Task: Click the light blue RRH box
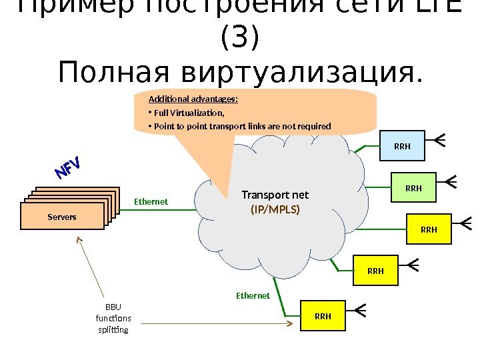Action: [x=403, y=147]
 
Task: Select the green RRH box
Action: [x=413, y=189]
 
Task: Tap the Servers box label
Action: [x=62, y=217]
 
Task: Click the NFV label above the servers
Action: [x=67, y=168]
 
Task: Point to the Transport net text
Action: [x=275, y=195]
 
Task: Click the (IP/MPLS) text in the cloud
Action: [x=275, y=209]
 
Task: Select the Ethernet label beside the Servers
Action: [x=151, y=201]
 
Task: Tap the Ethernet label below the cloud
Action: [x=253, y=295]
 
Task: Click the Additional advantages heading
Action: [x=193, y=99]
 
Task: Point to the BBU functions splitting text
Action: [x=114, y=319]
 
